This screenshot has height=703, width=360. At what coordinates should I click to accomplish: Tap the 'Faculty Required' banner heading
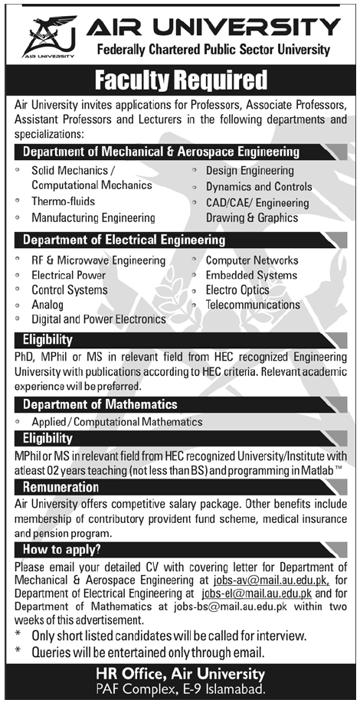[180, 80]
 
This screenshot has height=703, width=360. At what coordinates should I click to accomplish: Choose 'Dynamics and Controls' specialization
[259, 186]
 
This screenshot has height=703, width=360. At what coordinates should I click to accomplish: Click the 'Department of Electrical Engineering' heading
[124, 240]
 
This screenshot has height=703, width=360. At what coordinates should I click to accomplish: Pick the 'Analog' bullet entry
[47, 305]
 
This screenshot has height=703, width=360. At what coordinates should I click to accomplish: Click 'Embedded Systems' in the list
[251, 276]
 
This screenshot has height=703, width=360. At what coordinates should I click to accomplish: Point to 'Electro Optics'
[237, 290]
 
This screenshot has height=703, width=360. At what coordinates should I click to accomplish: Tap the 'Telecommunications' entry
[253, 305]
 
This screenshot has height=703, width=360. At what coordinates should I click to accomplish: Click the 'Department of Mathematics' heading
[100, 404]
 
